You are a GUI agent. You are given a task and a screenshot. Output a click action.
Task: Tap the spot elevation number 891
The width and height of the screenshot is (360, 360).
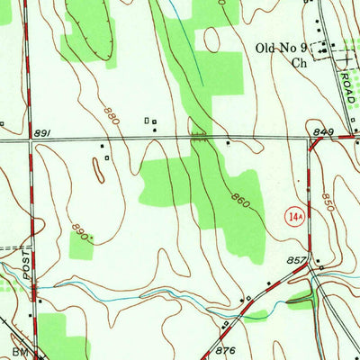(x=40, y=134)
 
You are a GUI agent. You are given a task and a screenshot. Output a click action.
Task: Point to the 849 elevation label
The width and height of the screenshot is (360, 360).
(x=325, y=132)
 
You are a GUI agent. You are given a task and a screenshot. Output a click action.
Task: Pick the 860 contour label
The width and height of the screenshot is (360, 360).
(x=239, y=197)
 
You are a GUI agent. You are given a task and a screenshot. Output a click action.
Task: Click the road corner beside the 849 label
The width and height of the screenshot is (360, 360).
(x=310, y=140)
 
